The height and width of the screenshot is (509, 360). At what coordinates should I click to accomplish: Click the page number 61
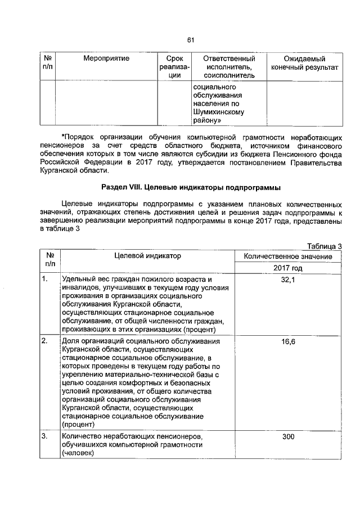(x=190, y=39)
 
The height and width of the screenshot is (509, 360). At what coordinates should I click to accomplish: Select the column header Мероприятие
(x=106, y=58)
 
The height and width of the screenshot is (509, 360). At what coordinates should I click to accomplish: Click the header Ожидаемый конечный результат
(x=304, y=62)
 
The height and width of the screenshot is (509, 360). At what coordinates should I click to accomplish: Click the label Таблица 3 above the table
(x=324, y=246)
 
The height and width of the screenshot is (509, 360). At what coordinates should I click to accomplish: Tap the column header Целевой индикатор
(x=147, y=256)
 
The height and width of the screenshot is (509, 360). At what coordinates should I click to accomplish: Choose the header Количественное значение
(x=284, y=256)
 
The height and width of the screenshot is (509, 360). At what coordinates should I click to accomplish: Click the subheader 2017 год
(x=284, y=268)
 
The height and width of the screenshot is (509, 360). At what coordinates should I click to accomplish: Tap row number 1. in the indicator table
(x=44, y=280)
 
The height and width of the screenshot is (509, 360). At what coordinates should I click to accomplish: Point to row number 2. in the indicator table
(x=44, y=342)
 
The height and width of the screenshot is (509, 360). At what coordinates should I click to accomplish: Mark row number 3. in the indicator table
(x=44, y=436)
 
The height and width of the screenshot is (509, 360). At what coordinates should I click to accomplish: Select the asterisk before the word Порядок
(x=63, y=136)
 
